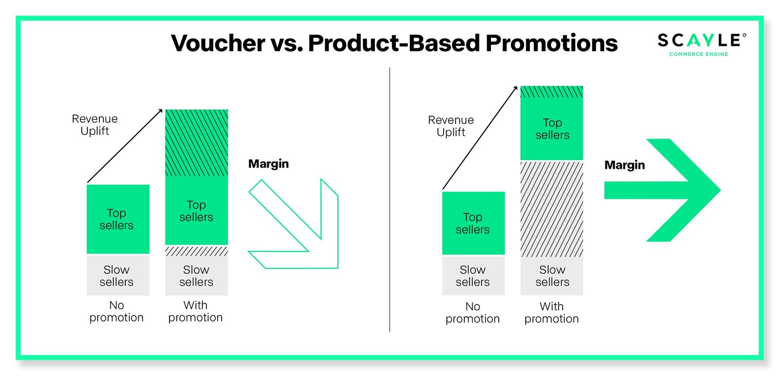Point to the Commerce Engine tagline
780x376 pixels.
(x=698, y=54)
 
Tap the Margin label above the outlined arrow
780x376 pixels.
(x=268, y=164)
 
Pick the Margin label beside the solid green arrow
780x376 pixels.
(x=625, y=166)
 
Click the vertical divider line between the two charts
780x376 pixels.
(x=389, y=198)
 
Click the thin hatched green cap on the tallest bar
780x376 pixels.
(x=552, y=92)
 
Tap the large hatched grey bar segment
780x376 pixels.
(x=552, y=208)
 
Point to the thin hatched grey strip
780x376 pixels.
(x=197, y=251)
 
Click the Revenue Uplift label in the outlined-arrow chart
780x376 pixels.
(x=95, y=125)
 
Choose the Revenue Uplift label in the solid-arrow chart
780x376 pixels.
(x=451, y=126)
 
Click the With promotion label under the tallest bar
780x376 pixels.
(x=552, y=312)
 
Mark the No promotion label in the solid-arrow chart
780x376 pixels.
(x=473, y=312)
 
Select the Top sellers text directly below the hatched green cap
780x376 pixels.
(x=552, y=129)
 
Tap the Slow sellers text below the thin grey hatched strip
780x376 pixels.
(x=196, y=276)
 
